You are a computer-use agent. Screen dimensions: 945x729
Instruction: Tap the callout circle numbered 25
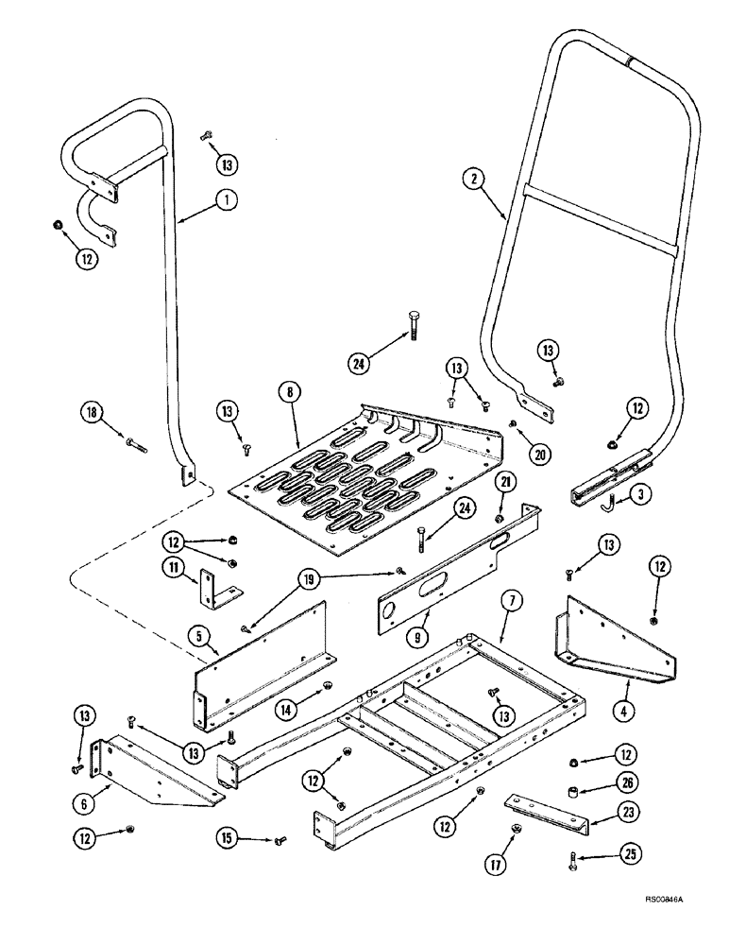(x=600, y=886)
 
